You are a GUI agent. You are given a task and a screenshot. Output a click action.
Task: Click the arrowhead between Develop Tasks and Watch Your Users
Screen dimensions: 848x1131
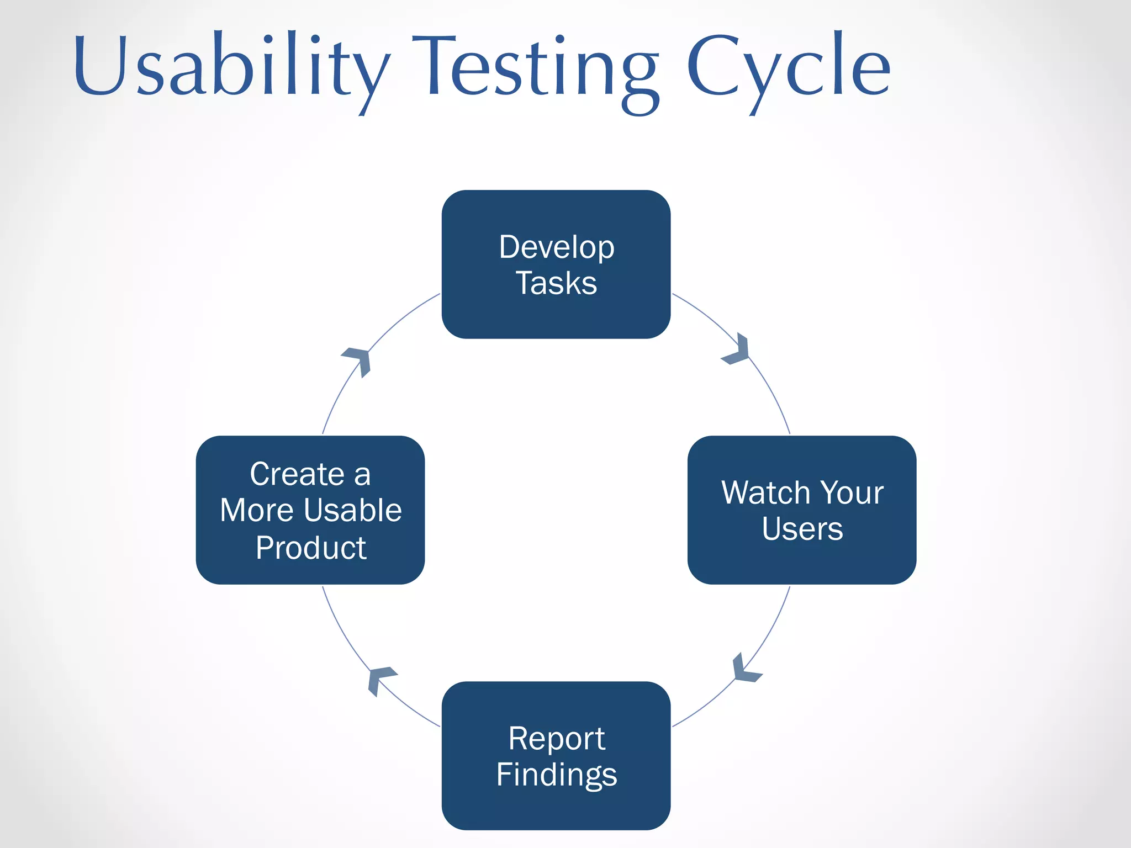(738, 350)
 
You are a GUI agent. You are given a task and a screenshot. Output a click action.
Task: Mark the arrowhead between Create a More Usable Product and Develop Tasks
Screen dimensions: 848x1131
(358, 361)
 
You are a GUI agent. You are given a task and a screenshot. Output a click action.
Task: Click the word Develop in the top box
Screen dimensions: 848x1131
(556, 247)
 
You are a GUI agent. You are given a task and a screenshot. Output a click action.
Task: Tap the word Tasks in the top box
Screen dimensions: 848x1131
(556, 283)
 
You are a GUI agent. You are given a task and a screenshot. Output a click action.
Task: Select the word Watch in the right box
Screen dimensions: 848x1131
(765, 492)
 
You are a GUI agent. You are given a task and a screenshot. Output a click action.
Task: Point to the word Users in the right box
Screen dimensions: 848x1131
(802, 529)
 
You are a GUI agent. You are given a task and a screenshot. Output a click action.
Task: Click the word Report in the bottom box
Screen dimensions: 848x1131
(556, 739)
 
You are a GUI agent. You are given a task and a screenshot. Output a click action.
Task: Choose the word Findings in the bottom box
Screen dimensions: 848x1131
(556, 775)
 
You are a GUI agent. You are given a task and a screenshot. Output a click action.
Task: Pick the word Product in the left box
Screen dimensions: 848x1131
(310, 548)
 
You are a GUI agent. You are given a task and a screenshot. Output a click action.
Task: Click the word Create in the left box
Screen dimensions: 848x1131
(297, 474)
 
